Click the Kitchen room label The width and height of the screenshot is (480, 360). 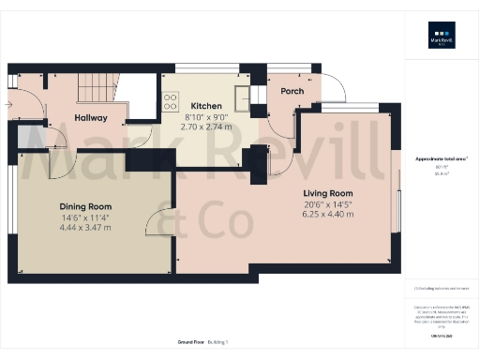click(x=205, y=106)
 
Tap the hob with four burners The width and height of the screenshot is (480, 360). click(x=172, y=102)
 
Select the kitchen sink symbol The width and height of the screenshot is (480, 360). click(x=242, y=95)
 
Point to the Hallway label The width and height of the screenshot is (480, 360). click(x=91, y=118)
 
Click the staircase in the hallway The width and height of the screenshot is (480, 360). click(x=97, y=89)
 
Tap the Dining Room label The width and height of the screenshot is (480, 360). click(x=86, y=206)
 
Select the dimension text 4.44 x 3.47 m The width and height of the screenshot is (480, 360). click(x=86, y=226)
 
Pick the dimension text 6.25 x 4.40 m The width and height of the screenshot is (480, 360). click(x=328, y=215)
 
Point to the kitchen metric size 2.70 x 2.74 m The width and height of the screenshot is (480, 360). click(x=205, y=125)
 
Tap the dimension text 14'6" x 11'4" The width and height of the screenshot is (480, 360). click(x=86, y=217)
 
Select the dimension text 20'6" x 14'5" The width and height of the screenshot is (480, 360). click(x=328, y=205)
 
